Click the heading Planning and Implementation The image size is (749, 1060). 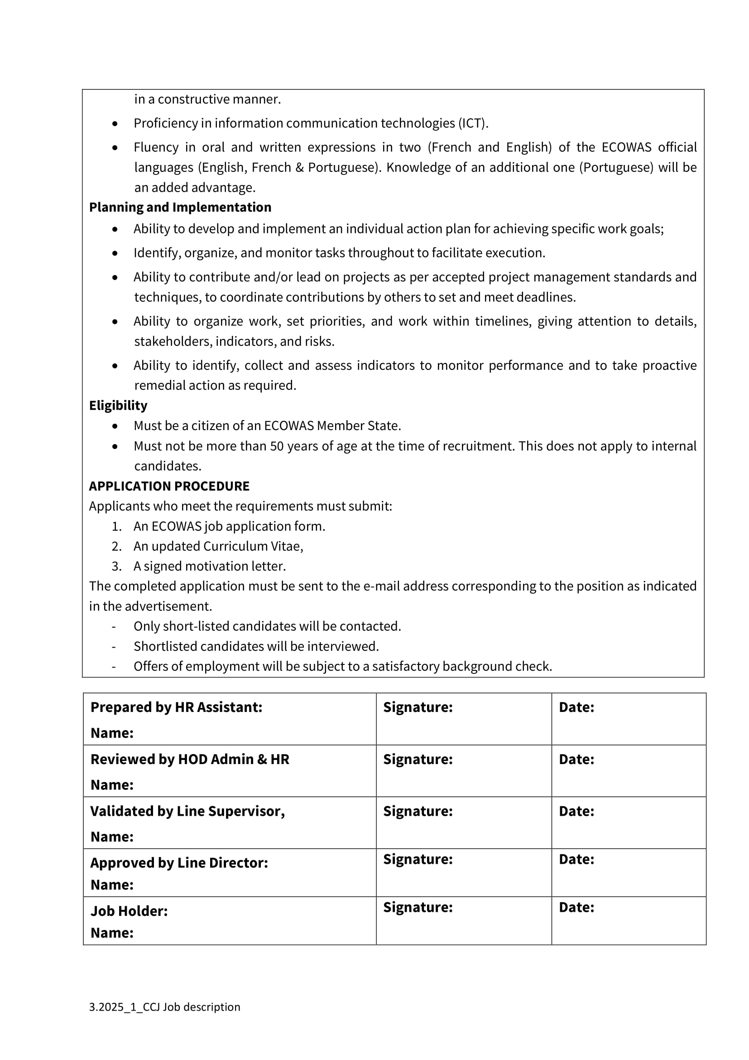180,207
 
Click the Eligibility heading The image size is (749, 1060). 118,405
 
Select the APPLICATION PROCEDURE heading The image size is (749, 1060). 169,486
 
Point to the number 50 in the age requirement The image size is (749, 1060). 277,446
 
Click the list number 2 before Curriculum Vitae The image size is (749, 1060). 116,546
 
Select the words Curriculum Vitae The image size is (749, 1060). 252,546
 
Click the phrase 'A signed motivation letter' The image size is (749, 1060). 209,566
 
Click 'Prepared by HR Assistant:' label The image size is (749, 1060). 176,707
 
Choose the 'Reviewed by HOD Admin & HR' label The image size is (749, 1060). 190,760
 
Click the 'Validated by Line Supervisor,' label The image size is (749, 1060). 187,811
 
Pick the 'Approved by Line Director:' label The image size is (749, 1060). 179,863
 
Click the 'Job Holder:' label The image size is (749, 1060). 129,911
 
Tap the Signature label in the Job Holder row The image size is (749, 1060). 418,907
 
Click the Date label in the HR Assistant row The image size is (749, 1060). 576,707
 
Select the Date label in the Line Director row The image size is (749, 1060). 576,859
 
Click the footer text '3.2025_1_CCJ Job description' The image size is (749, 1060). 165,1007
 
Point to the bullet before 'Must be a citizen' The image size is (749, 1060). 115,426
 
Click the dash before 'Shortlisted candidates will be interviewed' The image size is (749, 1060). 114,646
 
